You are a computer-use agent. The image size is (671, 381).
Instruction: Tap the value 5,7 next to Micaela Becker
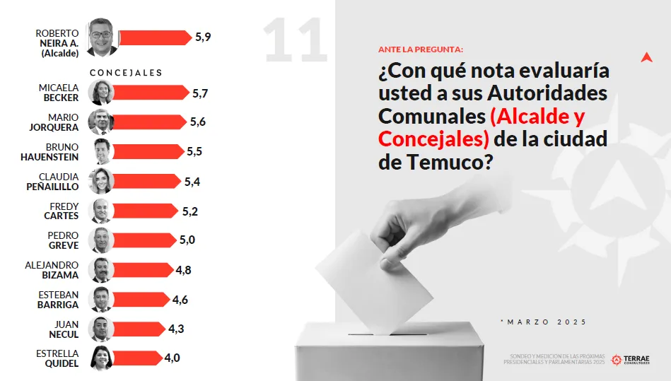(200, 93)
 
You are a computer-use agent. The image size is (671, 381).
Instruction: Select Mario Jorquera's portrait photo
(101, 122)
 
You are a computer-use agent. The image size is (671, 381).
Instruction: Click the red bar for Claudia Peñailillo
(146, 181)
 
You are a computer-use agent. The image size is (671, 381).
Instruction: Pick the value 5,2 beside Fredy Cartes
(189, 211)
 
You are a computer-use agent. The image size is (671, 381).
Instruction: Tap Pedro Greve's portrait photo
(101, 240)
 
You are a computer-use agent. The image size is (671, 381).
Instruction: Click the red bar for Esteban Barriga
(140, 299)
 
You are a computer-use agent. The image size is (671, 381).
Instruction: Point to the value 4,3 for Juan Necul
(177, 329)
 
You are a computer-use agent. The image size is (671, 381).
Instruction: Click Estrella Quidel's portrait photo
(101, 358)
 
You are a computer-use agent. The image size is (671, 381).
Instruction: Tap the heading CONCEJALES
(126, 73)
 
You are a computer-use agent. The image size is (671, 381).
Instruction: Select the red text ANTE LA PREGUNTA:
(421, 49)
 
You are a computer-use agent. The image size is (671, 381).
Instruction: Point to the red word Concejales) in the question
(433, 139)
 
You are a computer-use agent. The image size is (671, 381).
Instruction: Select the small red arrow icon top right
(646, 57)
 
